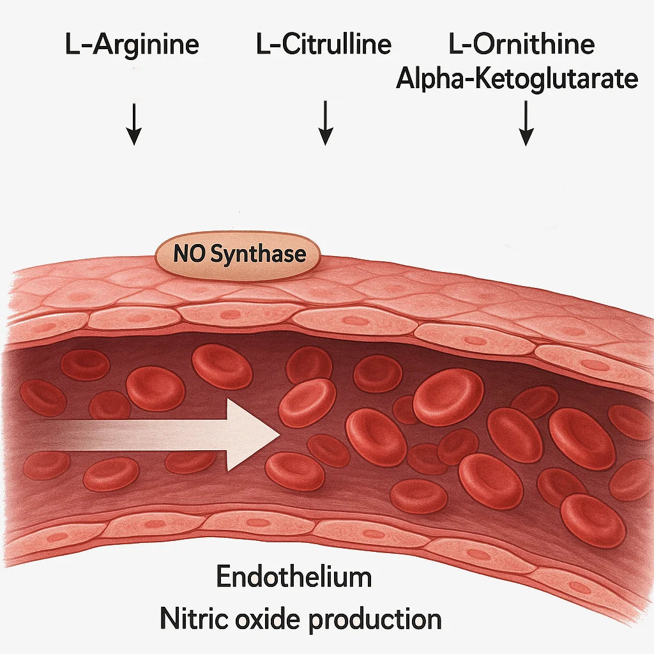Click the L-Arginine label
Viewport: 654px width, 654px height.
pos(133,45)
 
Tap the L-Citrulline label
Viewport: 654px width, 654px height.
pos(323,45)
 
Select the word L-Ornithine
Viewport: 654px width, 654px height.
pos(522,45)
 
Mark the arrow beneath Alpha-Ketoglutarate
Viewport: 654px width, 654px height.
pos(526,126)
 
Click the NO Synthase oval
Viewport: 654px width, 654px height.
pos(239,255)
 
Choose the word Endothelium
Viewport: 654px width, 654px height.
pos(294,577)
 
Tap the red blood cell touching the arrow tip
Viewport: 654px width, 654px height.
pos(307,402)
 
